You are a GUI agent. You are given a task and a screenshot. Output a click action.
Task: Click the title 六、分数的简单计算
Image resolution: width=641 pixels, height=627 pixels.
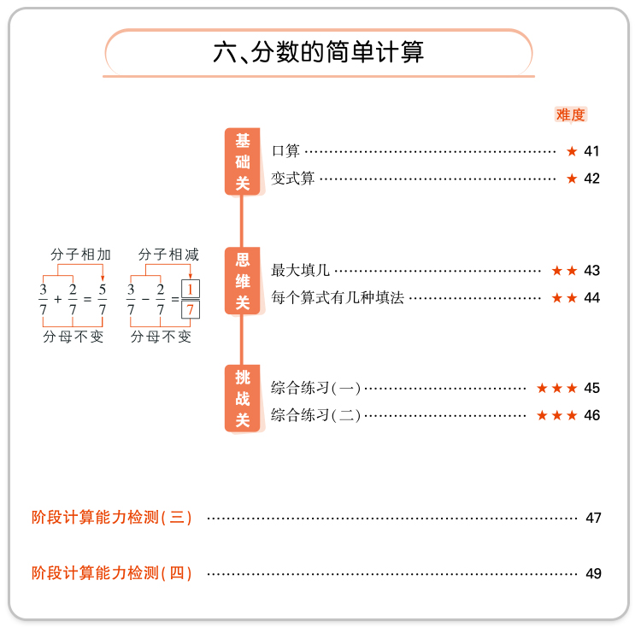point(318,53)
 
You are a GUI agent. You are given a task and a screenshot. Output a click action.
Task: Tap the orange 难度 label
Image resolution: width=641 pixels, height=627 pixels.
point(570,114)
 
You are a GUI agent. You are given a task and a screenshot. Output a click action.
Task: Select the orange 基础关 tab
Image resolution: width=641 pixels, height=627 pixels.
point(243,161)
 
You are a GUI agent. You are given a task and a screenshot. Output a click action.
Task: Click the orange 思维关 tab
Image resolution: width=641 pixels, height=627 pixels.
point(243,281)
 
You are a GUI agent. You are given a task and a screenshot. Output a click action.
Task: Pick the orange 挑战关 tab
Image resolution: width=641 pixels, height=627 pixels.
point(243,398)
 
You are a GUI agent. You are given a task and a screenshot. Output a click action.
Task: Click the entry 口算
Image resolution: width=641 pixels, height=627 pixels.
point(285,151)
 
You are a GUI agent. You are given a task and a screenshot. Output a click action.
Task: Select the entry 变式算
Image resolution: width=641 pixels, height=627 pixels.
point(293,179)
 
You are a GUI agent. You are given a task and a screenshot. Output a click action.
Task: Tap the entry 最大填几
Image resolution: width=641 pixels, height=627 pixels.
point(300,271)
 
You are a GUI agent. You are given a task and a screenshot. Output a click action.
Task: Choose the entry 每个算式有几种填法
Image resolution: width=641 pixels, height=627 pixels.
point(338,298)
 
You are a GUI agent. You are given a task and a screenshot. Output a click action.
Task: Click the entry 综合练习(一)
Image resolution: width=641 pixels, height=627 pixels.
point(315,388)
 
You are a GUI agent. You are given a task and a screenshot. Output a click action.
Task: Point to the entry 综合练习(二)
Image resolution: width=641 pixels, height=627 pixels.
point(315,415)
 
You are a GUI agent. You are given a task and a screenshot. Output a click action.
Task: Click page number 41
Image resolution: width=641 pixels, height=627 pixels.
point(591,151)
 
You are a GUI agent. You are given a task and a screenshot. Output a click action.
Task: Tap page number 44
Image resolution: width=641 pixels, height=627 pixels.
point(591,298)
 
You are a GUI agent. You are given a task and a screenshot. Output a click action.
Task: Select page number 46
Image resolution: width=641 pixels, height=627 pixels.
point(591,415)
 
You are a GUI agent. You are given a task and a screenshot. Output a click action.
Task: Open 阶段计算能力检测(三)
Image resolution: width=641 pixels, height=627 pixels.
point(111,518)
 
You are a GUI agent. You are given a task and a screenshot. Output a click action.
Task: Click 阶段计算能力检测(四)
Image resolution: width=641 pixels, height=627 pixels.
point(111,573)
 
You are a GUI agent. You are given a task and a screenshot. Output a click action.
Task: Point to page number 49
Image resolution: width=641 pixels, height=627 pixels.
point(593,573)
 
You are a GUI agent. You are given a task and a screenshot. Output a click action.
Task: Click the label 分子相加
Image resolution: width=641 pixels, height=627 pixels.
point(80,255)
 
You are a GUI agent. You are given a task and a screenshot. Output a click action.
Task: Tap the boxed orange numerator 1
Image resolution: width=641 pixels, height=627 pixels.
point(191,289)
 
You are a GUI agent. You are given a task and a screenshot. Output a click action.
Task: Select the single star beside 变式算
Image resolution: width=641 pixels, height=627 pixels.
point(572,179)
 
